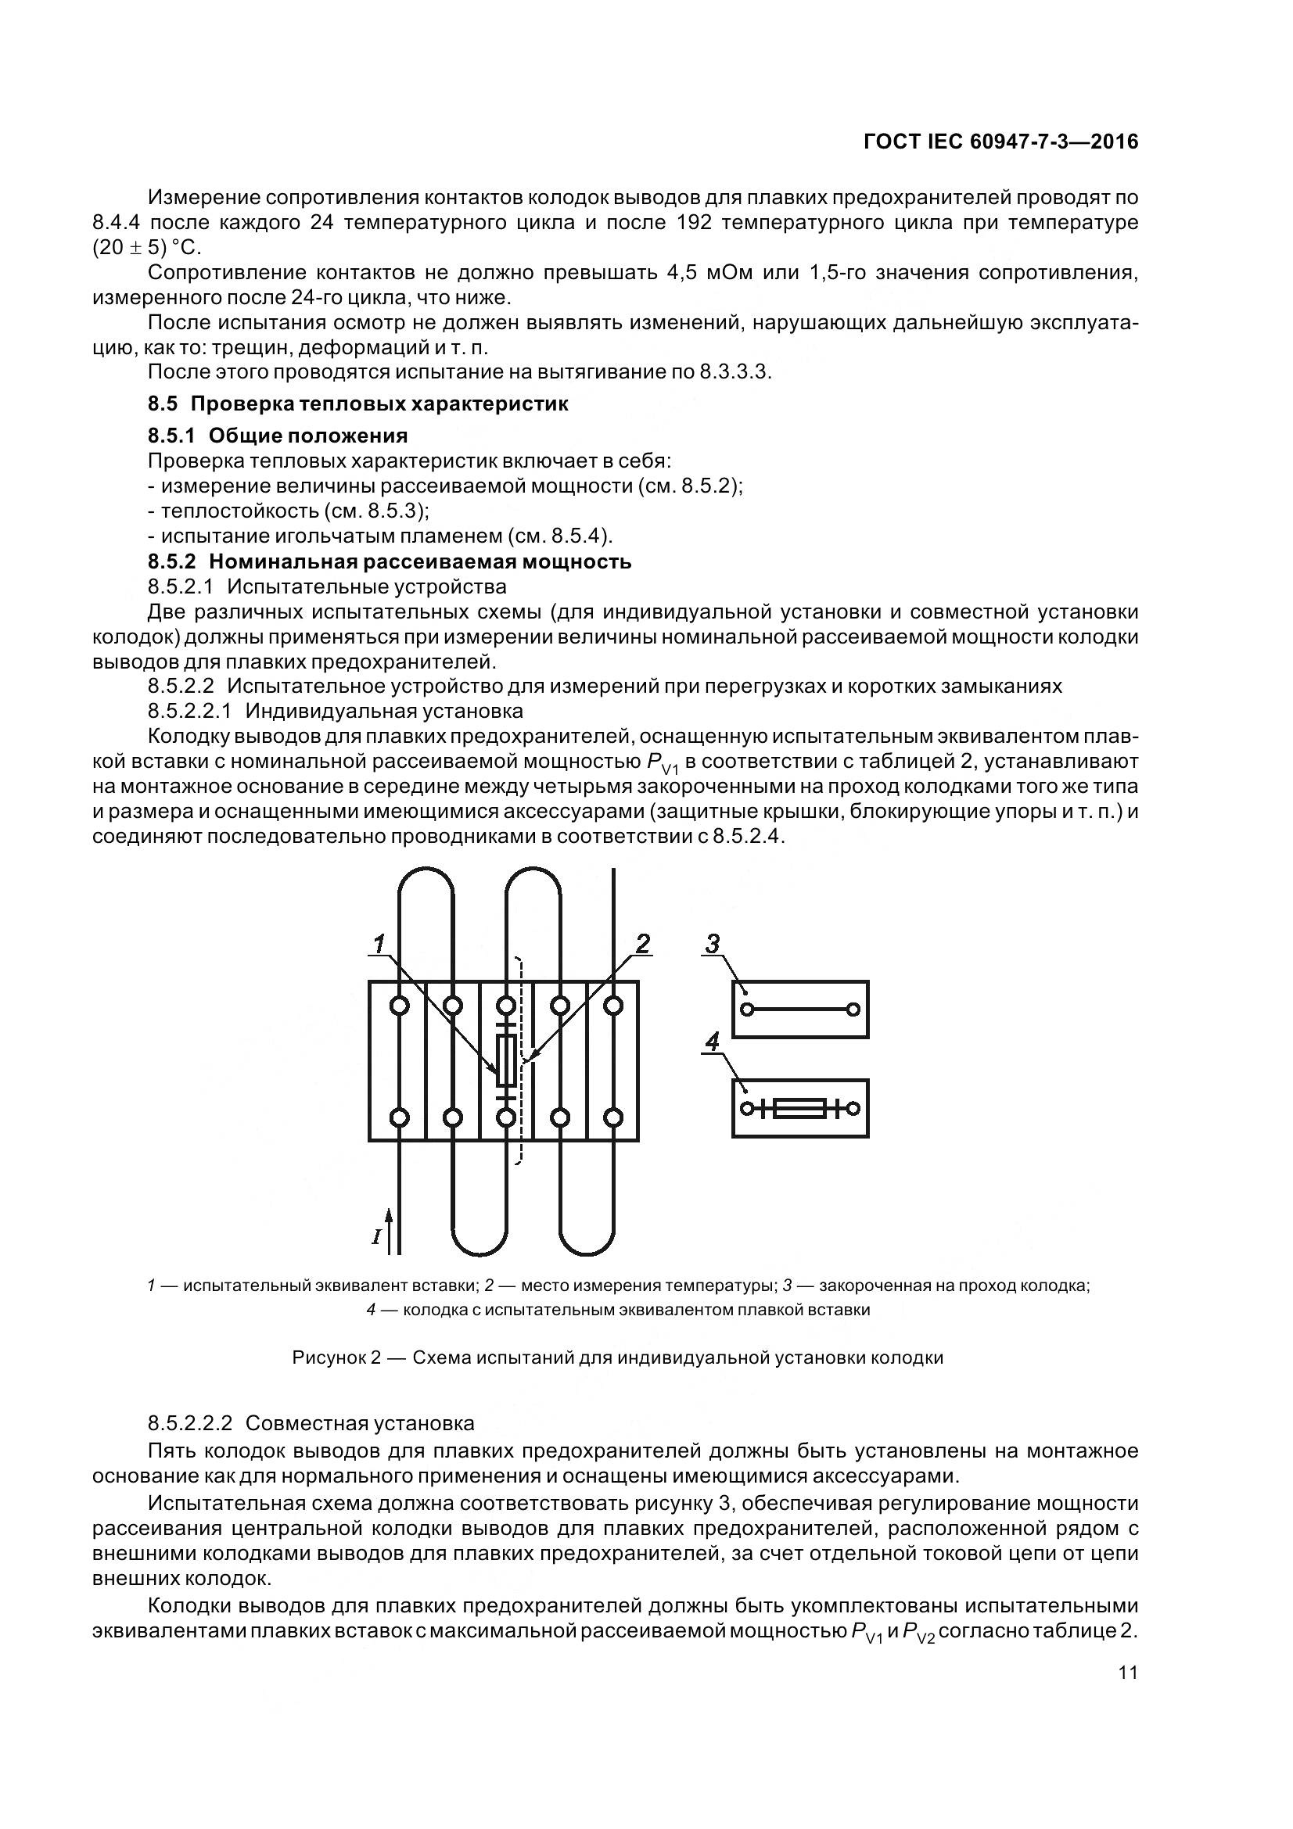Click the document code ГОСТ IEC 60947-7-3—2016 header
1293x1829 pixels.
1000,142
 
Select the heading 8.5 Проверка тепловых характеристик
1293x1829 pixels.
357,403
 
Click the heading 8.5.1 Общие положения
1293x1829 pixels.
277,436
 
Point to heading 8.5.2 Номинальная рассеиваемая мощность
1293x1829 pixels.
390,561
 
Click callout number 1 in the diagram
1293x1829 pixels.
381,944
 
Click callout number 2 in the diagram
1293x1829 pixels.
642,944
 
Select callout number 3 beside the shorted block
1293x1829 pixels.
713,944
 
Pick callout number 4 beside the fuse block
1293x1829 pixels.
713,1042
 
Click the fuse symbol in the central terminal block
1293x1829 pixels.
506,1062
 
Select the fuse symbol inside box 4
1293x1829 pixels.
800,1108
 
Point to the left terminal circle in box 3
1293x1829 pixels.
746,1010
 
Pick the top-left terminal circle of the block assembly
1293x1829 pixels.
400,1006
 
